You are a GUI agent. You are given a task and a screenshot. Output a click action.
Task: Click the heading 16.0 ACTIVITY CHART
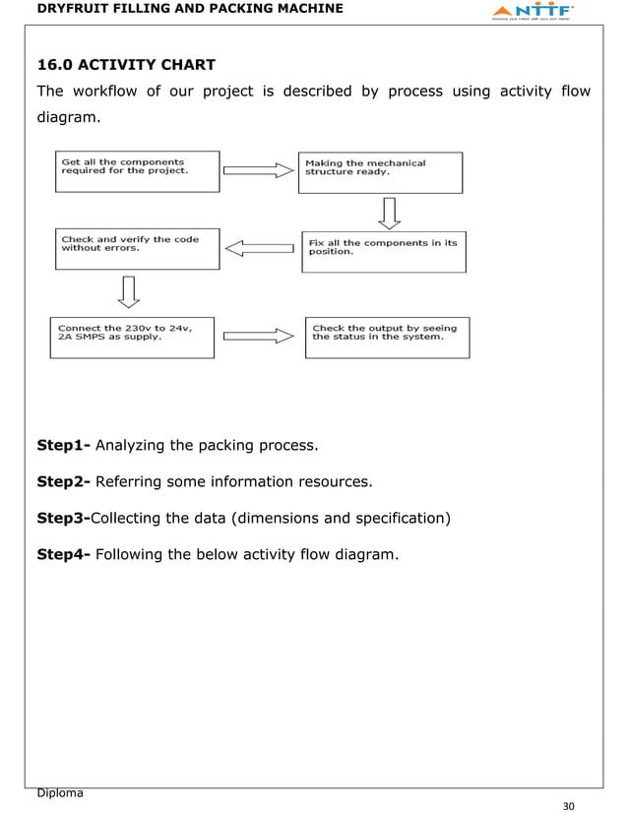[125, 66]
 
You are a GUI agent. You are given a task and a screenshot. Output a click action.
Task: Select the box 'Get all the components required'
[137, 170]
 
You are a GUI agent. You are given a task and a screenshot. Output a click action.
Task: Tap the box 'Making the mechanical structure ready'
[380, 172]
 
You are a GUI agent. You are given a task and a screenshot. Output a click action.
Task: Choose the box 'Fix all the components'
[383, 251]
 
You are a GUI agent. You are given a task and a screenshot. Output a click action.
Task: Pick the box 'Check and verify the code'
[137, 249]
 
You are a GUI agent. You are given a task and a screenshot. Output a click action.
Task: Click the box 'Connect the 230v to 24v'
[132, 337]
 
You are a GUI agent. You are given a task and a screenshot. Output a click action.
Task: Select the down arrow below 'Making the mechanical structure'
[388, 212]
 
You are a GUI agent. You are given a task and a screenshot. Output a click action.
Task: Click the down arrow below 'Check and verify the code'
[127, 290]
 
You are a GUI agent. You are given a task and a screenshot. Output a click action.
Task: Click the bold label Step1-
[63, 446]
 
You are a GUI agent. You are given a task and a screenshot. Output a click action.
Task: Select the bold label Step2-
[63, 481]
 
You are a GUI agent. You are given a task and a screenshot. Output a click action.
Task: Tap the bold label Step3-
[63, 518]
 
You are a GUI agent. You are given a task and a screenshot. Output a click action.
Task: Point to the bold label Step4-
[63, 554]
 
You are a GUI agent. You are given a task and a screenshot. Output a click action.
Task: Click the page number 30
[567, 805]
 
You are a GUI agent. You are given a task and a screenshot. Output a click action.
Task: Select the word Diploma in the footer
[59, 792]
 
